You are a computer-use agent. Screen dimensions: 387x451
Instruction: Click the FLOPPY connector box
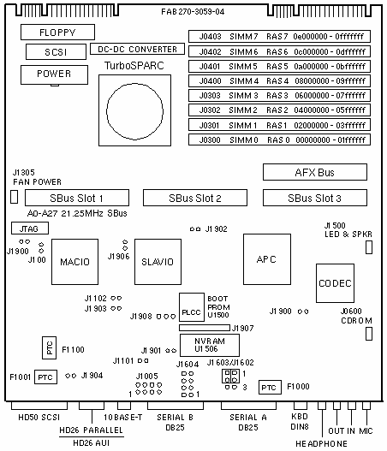(57, 32)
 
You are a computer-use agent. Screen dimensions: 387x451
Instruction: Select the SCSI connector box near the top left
(56, 51)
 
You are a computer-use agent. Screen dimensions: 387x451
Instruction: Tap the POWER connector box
(54, 74)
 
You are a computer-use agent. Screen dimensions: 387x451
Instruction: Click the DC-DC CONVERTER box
(137, 49)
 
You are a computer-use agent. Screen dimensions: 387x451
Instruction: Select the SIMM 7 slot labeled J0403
(279, 36)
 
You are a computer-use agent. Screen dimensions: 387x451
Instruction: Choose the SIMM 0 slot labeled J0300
(279, 139)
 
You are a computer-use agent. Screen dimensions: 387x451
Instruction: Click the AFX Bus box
(315, 172)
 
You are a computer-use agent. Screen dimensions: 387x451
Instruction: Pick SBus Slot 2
(195, 198)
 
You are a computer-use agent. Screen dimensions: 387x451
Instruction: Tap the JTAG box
(30, 228)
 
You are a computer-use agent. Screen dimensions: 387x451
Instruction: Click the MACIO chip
(74, 262)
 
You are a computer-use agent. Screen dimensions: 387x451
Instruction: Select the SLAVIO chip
(158, 262)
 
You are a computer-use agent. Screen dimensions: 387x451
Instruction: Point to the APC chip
(267, 259)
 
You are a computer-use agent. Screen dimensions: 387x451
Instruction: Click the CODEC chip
(335, 283)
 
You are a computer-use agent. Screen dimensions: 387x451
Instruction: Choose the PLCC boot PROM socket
(192, 307)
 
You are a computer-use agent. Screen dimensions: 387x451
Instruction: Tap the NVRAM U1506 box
(210, 345)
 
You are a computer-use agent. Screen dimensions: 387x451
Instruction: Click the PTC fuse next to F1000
(270, 387)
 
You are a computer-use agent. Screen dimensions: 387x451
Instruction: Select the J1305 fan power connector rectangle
(14, 197)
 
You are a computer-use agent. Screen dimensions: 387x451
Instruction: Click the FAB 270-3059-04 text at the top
(193, 12)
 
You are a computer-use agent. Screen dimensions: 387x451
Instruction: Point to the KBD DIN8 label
(300, 421)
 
